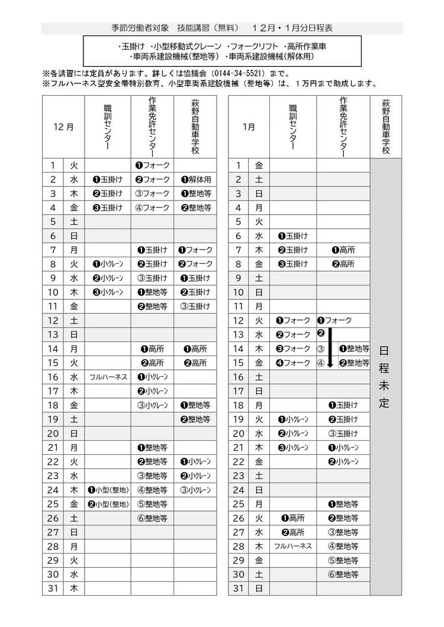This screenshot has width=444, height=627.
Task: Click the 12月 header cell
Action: (x=63, y=127)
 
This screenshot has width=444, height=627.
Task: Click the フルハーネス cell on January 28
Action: (x=292, y=546)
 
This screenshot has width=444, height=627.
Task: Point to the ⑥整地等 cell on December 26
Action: (x=152, y=518)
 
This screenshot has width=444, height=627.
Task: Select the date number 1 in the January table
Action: (x=239, y=165)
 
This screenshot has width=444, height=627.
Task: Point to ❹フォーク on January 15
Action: (x=292, y=363)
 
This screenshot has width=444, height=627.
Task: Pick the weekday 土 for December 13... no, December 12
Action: (x=74, y=320)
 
